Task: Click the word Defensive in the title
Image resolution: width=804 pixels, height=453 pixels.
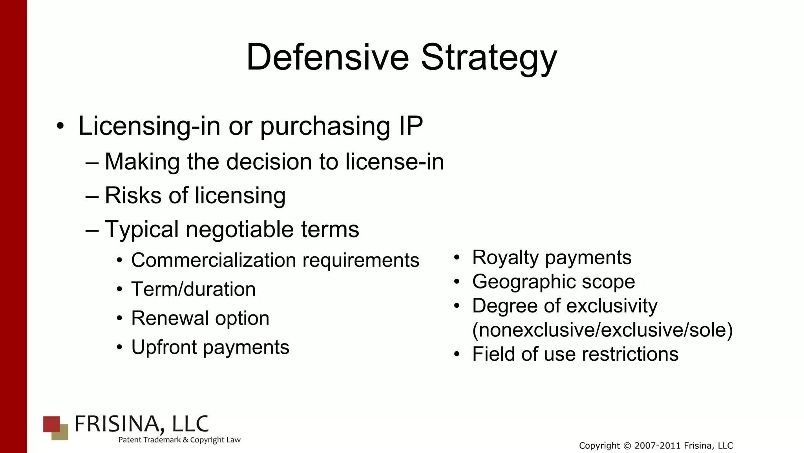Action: (327, 57)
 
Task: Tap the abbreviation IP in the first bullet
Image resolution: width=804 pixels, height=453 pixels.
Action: (411, 126)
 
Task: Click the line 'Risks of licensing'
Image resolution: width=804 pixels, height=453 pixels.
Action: (195, 195)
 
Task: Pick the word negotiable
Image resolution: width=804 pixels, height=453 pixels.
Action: (239, 229)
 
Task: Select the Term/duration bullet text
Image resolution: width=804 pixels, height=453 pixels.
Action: (193, 290)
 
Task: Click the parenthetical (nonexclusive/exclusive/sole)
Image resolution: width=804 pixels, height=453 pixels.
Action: (602, 330)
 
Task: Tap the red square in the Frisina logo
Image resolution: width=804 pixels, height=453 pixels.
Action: (51, 424)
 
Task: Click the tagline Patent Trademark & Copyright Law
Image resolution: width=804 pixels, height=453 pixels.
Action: (179, 440)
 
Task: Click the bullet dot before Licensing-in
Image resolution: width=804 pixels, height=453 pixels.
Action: (60, 126)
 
